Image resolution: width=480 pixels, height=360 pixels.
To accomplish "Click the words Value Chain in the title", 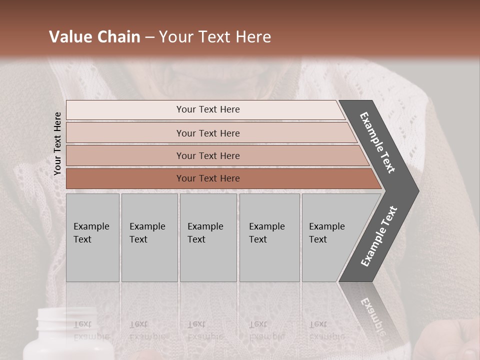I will coord(94,37).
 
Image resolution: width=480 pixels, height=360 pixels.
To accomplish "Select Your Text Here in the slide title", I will coord(215,37).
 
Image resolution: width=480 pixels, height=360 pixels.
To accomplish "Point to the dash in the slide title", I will coord(149,37).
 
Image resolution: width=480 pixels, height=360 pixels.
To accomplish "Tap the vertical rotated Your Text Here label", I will coord(57,143).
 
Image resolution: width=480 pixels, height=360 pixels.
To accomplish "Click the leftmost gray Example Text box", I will coord(92,237).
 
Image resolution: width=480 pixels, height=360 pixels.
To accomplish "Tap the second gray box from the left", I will coord(149,237).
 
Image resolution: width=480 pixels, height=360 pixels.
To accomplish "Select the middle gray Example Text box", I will coord(208,237).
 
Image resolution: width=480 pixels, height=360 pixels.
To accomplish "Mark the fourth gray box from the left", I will coord(269,237).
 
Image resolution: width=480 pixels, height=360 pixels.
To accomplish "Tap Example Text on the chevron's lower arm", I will coord(378,236).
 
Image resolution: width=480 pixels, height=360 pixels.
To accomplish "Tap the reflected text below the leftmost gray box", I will coord(91,330).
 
